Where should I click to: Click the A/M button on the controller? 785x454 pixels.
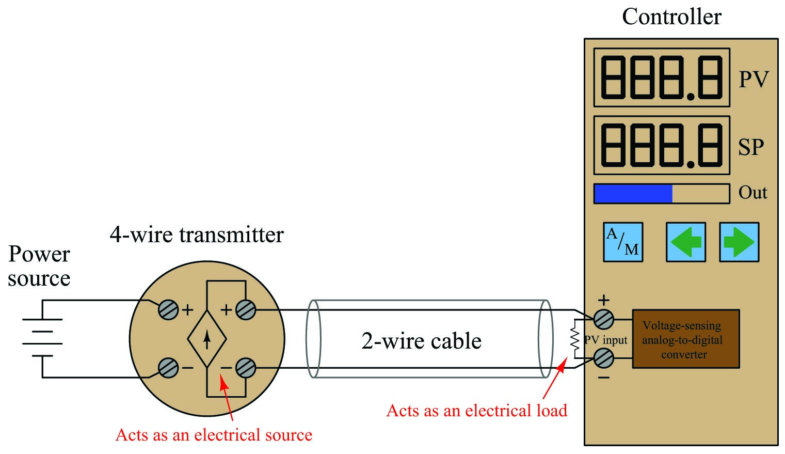623,242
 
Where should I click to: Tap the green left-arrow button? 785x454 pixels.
685,242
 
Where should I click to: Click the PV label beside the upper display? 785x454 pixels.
754,80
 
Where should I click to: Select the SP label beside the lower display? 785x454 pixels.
751,147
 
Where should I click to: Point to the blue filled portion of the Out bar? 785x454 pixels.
633,194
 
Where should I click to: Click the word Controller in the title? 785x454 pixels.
671,17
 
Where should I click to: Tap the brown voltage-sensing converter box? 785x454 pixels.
686,339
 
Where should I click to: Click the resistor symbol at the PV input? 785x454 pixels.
575,339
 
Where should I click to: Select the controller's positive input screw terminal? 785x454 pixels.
604,319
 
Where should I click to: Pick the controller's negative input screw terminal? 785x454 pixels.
604,358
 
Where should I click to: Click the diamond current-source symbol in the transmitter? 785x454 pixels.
207,339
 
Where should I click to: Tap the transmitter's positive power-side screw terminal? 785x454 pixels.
168,309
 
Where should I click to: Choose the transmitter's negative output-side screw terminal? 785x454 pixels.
246,368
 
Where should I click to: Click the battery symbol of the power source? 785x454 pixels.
42,338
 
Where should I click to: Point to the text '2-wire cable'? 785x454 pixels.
421,341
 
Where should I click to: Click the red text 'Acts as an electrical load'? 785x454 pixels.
476,411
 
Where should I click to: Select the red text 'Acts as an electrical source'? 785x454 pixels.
214,435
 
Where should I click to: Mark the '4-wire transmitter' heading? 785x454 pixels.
197,234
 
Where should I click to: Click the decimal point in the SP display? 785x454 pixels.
690,164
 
